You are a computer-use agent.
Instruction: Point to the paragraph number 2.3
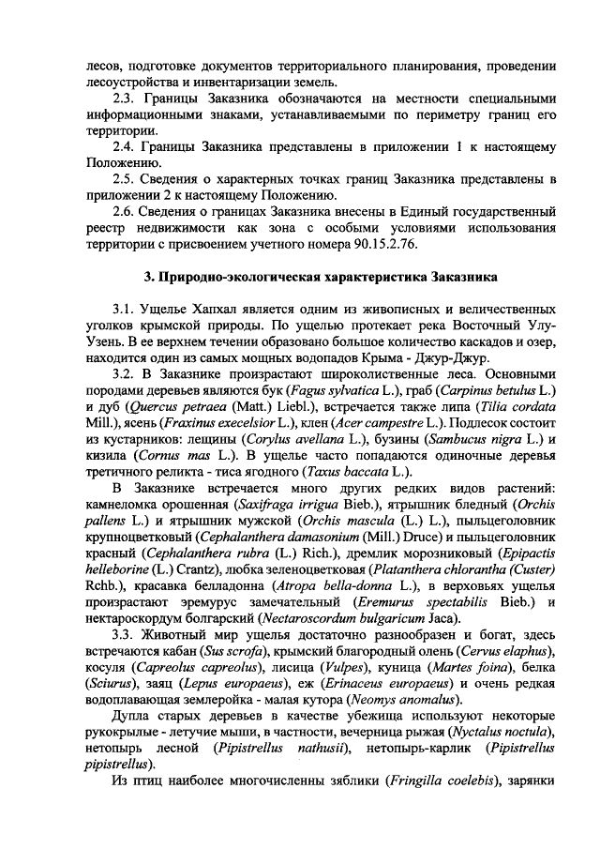click(x=125, y=99)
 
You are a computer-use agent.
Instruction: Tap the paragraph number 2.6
click(x=125, y=209)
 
